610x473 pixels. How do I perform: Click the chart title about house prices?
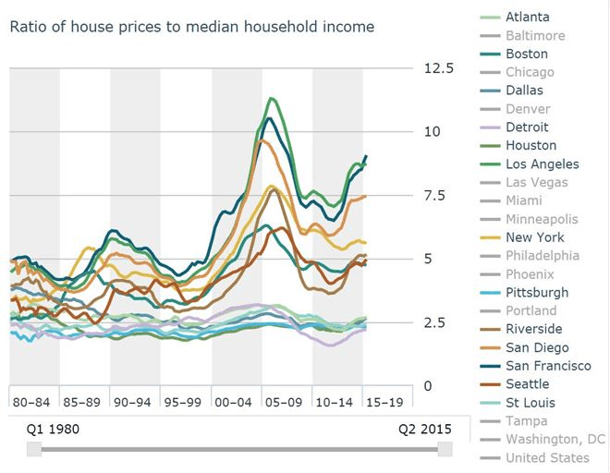tap(192, 27)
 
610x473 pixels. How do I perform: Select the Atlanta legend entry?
tap(529, 17)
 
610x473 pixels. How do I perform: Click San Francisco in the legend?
tap(548, 366)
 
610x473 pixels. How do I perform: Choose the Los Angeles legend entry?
tap(543, 164)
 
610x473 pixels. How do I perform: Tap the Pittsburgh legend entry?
tap(537, 292)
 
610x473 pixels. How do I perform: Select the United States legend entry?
tap(547, 457)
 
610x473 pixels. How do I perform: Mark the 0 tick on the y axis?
tap(427, 385)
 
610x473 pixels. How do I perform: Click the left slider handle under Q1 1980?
tap(34, 449)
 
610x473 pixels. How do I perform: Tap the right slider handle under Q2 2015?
tap(445, 449)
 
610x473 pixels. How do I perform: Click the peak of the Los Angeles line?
tap(271, 98)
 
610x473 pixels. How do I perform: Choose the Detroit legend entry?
tap(527, 127)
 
